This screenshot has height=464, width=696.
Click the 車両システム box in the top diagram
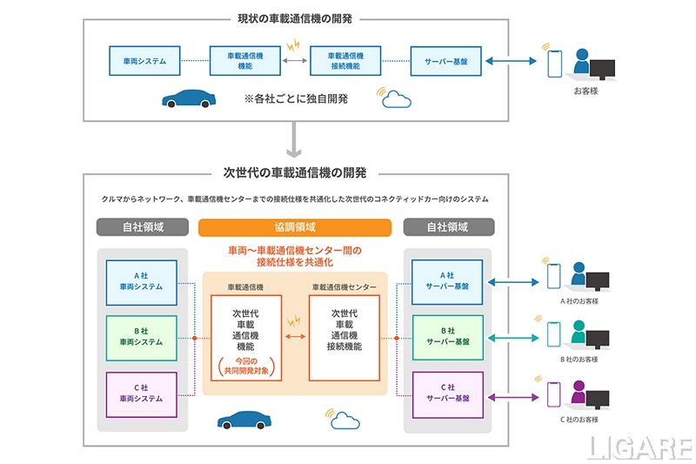[x=144, y=61]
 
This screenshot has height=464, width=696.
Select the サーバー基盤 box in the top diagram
[x=445, y=61]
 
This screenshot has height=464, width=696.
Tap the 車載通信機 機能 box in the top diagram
[x=245, y=61]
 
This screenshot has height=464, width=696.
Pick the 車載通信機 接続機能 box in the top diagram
[x=345, y=61]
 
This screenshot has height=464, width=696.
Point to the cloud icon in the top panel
[x=396, y=98]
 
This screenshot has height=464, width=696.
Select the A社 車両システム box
[x=141, y=282]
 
